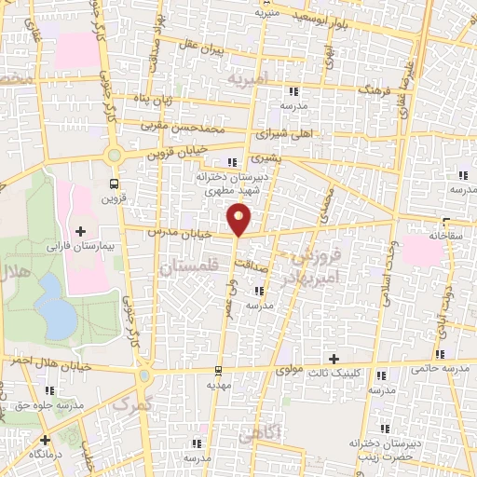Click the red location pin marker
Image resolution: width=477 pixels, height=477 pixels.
click(x=239, y=219)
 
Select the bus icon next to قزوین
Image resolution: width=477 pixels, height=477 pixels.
click(x=114, y=184)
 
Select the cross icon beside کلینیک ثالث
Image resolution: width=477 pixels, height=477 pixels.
click(x=334, y=359)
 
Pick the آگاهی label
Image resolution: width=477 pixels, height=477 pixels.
click(x=257, y=434)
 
